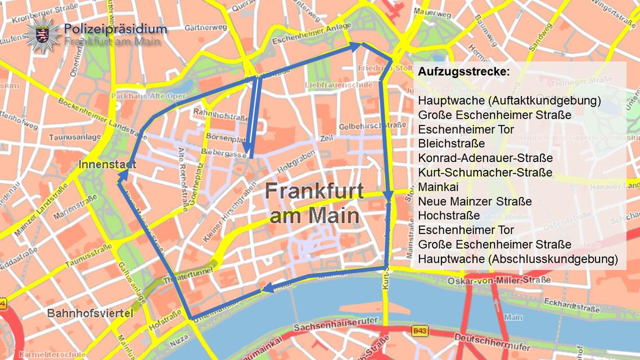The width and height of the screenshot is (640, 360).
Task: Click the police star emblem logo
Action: tap(42, 35)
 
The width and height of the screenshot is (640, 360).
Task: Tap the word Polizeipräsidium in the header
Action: tap(115, 29)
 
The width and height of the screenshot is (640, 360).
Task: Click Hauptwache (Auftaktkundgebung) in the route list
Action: tap(510, 101)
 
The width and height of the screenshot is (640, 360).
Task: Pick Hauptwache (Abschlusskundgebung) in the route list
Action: tap(517, 259)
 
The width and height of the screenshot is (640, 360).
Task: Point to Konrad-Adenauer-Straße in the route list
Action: tap(485, 158)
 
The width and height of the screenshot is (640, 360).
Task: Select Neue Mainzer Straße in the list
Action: tap(475, 201)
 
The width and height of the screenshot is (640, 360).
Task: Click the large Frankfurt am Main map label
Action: tap(314, 203)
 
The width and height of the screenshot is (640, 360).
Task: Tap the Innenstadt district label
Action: tap(107, 165)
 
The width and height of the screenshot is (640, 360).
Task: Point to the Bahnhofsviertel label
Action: tap(90, 313)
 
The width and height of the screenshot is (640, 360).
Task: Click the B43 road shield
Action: tap(420, 332)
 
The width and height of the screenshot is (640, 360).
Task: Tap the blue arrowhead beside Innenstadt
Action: tap(122, 177)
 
